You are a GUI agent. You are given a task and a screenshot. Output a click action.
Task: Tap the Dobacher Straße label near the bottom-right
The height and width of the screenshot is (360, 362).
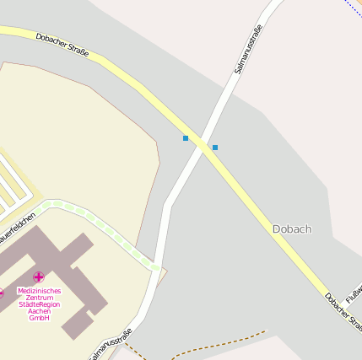point(343,312)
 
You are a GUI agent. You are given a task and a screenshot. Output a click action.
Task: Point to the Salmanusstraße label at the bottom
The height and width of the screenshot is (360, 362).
point(111,345)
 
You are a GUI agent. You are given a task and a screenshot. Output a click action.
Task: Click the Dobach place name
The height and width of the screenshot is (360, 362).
point(292,228)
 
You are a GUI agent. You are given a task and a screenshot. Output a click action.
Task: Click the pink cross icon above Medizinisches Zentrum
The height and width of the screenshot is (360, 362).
point(39,277)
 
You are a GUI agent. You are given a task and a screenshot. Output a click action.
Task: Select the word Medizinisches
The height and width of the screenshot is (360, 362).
point(39,291)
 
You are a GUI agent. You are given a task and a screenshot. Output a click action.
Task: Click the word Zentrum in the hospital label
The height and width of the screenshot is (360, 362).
point(39,298)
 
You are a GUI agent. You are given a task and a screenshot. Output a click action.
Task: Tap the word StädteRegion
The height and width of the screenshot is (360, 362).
point(39,304)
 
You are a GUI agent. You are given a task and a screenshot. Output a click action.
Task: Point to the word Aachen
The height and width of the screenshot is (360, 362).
point(39,311)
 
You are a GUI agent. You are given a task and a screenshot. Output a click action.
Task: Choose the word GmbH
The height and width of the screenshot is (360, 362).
point(39,318)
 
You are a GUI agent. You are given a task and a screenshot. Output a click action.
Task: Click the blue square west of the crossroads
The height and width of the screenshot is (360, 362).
point(186,138)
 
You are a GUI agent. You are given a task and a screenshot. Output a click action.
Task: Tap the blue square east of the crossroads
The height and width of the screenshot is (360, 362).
point(215,148)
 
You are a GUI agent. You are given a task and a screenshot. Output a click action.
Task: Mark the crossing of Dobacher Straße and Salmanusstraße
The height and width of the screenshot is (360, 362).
point(203,144)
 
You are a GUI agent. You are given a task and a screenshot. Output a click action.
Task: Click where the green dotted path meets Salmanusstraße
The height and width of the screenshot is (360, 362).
point(155,267)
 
